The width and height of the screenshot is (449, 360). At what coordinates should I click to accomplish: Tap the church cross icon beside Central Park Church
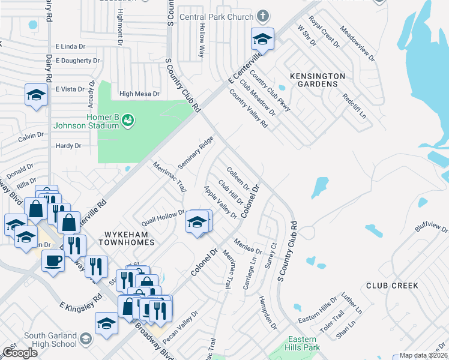[x=262, y=16]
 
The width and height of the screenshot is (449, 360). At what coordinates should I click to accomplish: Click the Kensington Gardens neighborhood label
[x=318, y=80]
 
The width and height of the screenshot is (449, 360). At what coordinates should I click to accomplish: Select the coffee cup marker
[x=53, y=260]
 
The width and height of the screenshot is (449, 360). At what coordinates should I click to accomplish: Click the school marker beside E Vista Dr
[x=36, y=95]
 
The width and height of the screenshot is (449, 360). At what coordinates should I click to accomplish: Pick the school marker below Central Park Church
[x=262, y=40]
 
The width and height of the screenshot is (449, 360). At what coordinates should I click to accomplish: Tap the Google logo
[x=20, y=353]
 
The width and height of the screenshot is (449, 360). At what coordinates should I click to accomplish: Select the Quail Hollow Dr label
[x=163, y=215]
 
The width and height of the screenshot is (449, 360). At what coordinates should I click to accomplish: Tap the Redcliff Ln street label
[x=354, y=106]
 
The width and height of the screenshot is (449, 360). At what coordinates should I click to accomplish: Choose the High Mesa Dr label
[x=139, y=94]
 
